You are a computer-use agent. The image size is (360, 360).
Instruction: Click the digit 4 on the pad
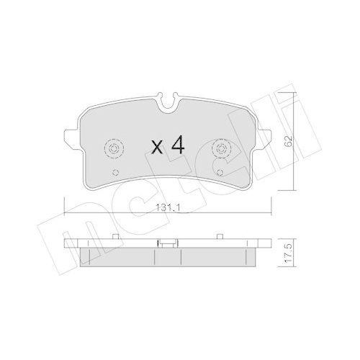click(178, 147)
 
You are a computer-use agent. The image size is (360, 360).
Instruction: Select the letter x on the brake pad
click(156, 148)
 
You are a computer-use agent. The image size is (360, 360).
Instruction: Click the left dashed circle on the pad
click(114, 148)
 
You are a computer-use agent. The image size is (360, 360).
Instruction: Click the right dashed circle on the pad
click(220, 148)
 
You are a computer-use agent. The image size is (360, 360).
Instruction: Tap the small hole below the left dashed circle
click(117, 172)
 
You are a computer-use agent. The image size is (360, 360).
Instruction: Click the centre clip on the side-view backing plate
click(168, 243)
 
